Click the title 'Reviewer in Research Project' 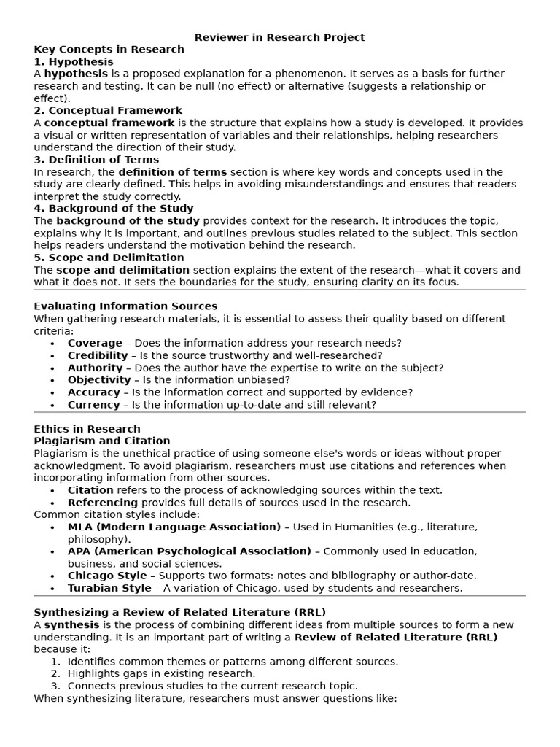point(280,37)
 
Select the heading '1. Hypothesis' point(74,62)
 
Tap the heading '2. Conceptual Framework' point(108,111)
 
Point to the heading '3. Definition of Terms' point(96,160)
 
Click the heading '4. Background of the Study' point(113,209)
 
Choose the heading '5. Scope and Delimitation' point(109,258)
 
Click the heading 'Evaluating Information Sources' point(125,306)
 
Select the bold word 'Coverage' point(95,343)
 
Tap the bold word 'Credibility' point(98,355)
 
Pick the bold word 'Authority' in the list point(95,368)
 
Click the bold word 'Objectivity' point(99,380)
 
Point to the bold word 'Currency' point(93,405)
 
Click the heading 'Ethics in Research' point(87,429)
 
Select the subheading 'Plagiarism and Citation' point(102,441)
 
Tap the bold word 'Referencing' point(103,503)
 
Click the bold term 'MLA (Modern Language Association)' point(174,527)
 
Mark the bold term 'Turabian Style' point(109,588)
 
